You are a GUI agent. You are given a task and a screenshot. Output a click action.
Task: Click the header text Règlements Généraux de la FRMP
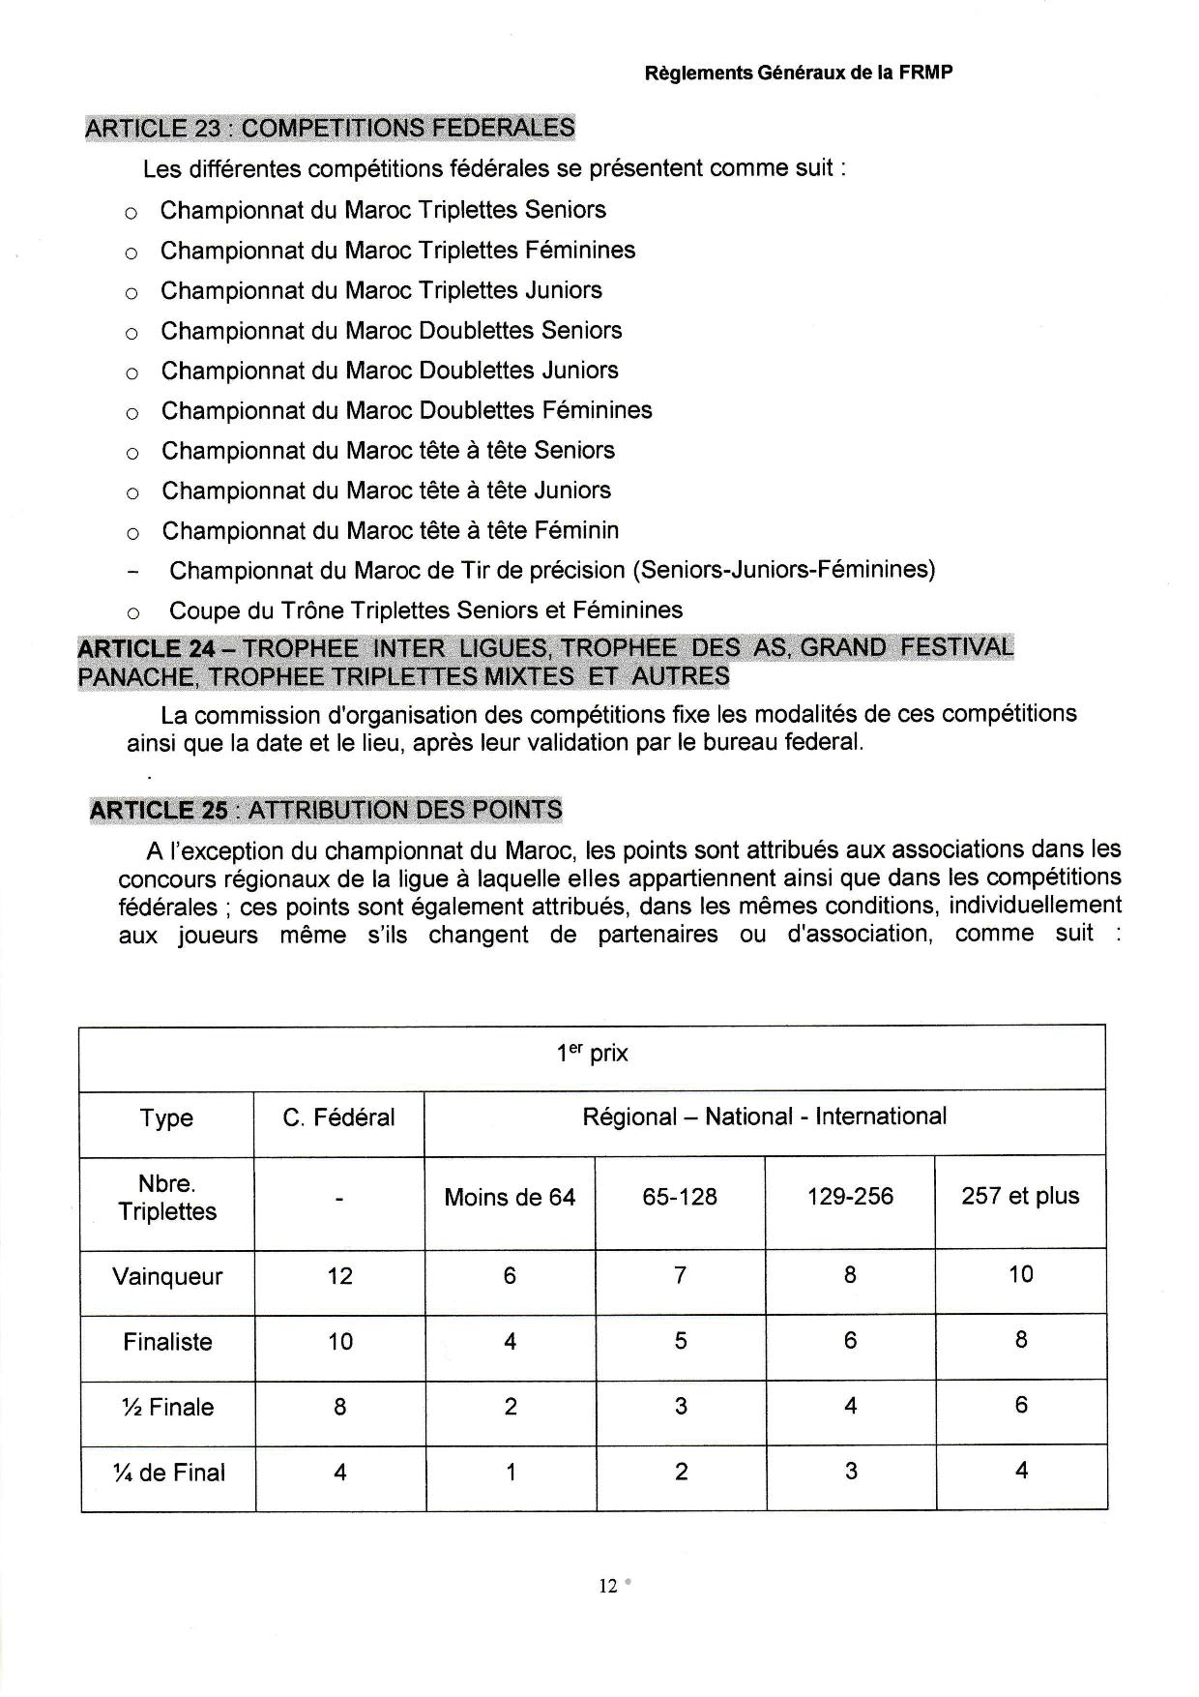[x=798, y=74]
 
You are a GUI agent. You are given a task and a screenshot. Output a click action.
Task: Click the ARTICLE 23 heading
[x=330, y=128]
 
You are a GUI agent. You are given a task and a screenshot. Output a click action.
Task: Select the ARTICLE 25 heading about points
[x=326, y=810]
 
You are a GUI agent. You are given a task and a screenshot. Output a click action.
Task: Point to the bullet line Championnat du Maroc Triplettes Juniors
[x=381, y=290]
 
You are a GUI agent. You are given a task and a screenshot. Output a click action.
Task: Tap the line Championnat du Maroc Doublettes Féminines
[x=406, y=410]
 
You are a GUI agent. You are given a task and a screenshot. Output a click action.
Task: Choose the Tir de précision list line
[x=552, y=570]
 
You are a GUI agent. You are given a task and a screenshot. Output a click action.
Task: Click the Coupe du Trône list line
[x=425, y=610]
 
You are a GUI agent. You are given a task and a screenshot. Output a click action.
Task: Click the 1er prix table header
[x=592, y=1054]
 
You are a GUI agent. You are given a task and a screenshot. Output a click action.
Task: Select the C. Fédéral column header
[x=338, y=1118]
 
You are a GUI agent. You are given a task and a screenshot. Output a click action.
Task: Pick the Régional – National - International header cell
[x=764, y=1116]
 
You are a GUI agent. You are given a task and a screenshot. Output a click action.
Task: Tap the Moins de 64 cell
[x=510, y=1198]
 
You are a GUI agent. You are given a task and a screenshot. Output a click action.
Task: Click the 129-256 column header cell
[x=850, y=1197]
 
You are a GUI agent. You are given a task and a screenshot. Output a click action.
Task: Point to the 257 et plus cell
[x=1020, y=1196]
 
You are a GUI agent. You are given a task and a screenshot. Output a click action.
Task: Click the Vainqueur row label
[x=167, y=1276]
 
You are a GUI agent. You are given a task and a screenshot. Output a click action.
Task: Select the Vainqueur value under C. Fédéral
[x=339, y=1276]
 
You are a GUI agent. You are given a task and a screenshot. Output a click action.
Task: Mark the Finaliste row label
[x=167, y=1342]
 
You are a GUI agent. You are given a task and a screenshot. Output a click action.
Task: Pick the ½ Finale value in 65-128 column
[x=681, y=1406]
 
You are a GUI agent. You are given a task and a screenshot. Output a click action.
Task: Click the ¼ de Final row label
[x=168, y=1473]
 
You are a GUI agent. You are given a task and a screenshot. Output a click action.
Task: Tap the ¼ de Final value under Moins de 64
[x=511, y=1473]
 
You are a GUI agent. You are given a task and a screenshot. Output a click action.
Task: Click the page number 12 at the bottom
[x=608, y=1586]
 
